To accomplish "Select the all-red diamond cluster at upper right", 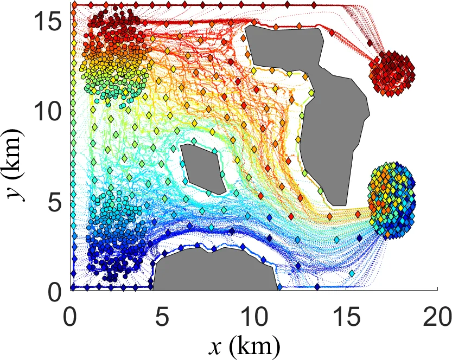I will [x=391, y=69].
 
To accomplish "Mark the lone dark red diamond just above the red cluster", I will [x=370, y=43].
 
